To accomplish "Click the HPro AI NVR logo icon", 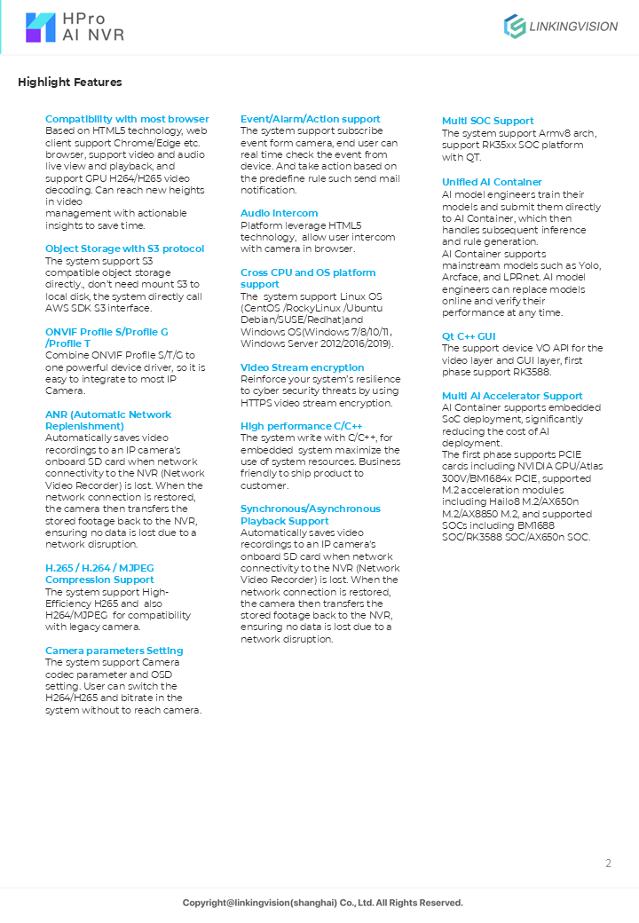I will tap(41, 28).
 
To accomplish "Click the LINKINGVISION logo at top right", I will tap(561, 27).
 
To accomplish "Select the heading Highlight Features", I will tap(70, 83).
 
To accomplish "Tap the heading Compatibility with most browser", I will tap(127, 119).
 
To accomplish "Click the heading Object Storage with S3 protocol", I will tap(124, 248).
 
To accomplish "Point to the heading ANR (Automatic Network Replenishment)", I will tap(108, 420).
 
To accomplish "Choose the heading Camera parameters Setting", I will tap(114, 651).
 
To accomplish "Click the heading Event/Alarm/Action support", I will tap(310, 119).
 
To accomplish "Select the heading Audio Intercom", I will tap(279, 213).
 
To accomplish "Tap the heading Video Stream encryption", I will tap(302, 367).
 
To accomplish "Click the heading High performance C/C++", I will tap(301, 426).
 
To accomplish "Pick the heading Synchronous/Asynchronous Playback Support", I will tap(310, 515).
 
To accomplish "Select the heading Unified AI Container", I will tap(492, 182).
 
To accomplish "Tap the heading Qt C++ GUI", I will tap(469, 336).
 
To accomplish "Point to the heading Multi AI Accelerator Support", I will tap(512, 396).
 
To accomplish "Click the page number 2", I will tap(608, 864).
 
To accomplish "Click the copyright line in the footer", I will tap(322, 903).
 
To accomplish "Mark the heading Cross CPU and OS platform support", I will tap(307, 279).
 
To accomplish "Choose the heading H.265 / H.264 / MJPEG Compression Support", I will tap(99, 573).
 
